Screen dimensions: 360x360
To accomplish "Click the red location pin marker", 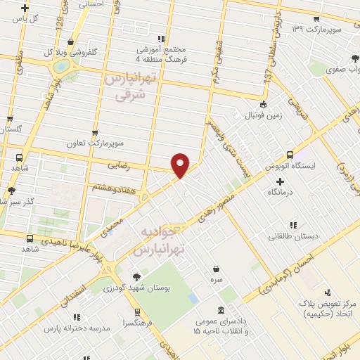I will coord(180,165).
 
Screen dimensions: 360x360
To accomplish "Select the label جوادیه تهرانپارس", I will coord(158,240).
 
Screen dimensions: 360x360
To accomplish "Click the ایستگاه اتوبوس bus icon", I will coord(289,155).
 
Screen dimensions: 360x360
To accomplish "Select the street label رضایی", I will coord(117,166).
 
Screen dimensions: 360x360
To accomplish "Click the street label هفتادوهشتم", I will coord(112,188).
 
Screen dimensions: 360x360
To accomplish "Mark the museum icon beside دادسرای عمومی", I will coord(221,310).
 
